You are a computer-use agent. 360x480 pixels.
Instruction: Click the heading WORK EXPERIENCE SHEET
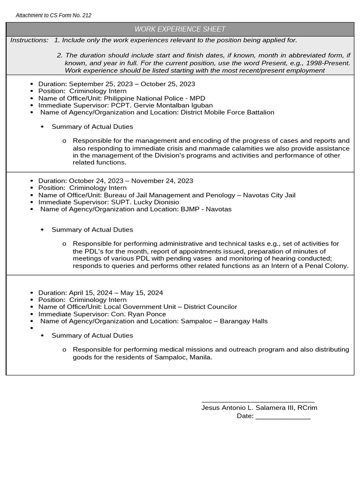180,29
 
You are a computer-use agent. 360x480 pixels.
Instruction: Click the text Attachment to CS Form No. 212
53,15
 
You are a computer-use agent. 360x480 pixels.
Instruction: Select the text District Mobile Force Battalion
227,112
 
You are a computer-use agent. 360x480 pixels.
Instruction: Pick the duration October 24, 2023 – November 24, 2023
131,181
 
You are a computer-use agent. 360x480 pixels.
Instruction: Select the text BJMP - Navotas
206,209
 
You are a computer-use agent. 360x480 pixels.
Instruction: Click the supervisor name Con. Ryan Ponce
138,314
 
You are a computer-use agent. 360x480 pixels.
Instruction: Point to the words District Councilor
210,307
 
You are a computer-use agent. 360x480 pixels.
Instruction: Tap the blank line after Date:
283,416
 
